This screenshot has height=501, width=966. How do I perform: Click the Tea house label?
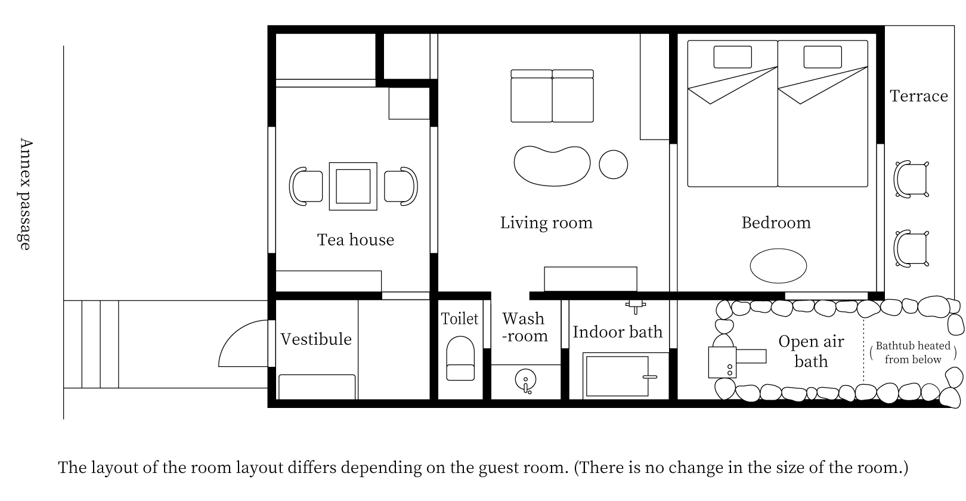coord(355,240)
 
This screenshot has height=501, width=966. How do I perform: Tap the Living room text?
coord(546,222)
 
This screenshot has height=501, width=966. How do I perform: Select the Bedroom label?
coord(776,222)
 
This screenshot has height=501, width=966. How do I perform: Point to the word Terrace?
coord(918,96)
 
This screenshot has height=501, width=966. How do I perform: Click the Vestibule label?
coord(316,339)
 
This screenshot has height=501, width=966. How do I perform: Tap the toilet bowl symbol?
coord(460,358)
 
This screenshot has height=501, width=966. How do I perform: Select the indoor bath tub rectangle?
coord(617,376)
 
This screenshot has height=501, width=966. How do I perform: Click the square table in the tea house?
coord(353,186)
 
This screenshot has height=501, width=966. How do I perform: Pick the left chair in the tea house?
coord(306,186)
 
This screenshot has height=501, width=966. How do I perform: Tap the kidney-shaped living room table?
coord(552,165)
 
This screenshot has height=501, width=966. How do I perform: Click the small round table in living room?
coord(613,164)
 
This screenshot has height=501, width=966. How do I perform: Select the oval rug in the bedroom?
coord(778,265)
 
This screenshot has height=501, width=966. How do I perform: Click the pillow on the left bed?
coord(733,57)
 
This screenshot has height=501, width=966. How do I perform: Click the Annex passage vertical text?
coord(25,194)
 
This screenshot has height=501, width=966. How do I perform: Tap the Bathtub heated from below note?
coord(912,352)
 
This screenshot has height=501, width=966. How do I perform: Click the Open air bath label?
coord(811,351)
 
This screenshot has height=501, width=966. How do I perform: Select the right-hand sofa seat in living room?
coord(572,97)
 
